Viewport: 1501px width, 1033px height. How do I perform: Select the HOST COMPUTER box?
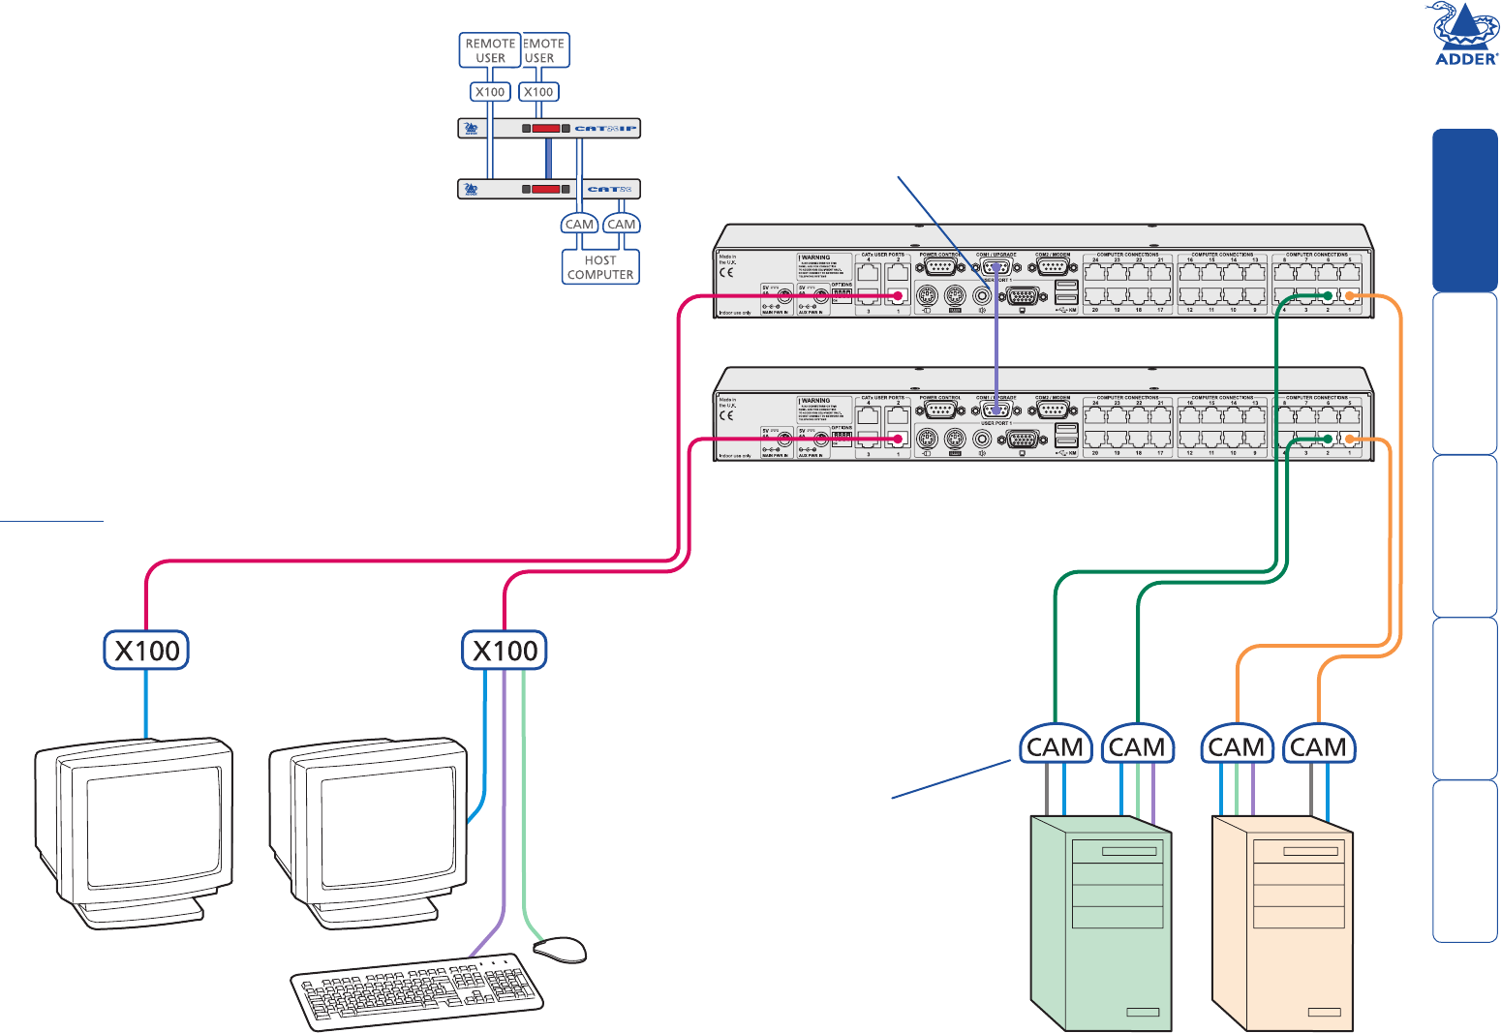[600, 267]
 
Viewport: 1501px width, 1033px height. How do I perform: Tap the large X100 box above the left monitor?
[146, 650]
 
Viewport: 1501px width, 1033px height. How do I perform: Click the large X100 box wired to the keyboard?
[505, 650]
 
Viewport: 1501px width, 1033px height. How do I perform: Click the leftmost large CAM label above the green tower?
[1055, 747]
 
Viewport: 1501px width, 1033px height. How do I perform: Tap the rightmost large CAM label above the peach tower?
[1318, 747]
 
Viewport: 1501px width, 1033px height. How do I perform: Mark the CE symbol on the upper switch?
[726, 273]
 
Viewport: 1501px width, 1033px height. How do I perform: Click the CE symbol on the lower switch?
[726, 415]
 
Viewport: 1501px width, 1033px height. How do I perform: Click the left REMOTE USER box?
[490, 50]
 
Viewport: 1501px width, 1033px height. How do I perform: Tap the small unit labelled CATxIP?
[549, 128]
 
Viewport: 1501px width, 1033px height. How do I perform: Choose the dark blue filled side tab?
[1465, 210]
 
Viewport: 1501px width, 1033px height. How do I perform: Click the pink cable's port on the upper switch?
[898, 296]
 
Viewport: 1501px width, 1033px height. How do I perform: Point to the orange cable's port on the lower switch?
[1350, 441]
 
